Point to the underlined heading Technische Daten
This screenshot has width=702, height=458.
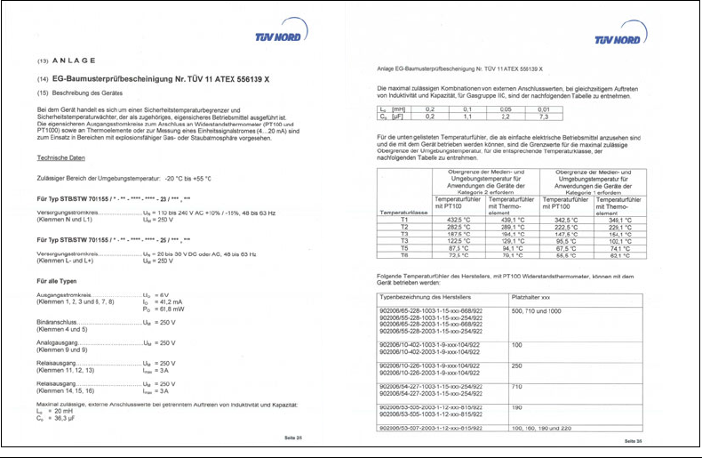(x=61, y=157)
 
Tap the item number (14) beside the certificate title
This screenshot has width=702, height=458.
(x=42, y=78)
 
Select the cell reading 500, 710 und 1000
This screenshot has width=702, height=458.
(x=538, y=310)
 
